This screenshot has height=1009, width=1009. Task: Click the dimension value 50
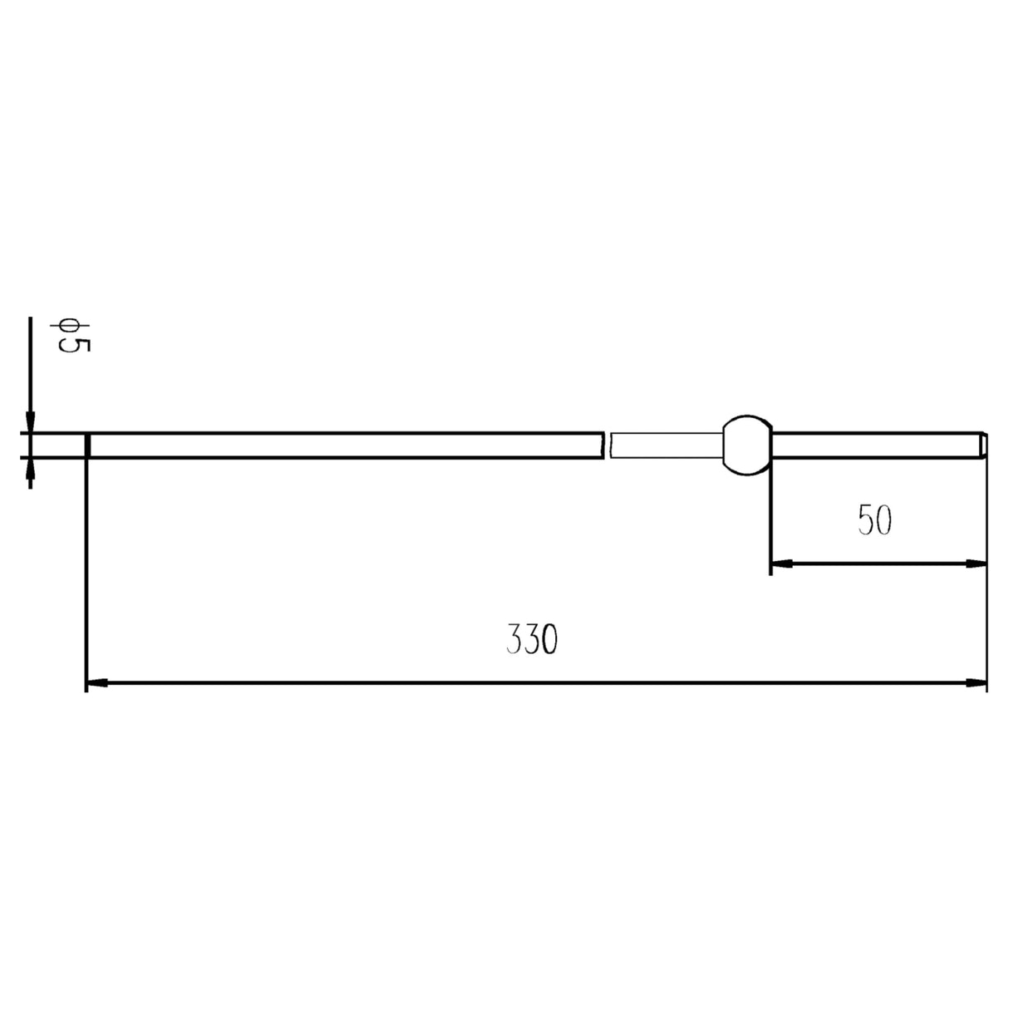pyautogui.click(x=874, y=520)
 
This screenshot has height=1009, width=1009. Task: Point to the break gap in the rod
pyautogui.click(x=607, y=445)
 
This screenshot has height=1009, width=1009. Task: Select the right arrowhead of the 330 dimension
pyautogui.click(x=977, y=683)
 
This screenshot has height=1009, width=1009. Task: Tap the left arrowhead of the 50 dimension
pyautogui.click(x=781, y=564)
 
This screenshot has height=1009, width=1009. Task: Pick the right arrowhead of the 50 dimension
pyautogui.click(x=977, y=564)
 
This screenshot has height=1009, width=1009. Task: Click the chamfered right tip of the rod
pyautogui.click(x=983, y=445)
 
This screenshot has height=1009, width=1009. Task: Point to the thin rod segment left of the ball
pyautogui.click(x=665, y=445)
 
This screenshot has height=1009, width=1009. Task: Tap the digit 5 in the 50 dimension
pyautogui.click(x=865, y=520)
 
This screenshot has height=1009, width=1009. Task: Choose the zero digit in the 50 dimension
pyautogui.click(x=883, y=520)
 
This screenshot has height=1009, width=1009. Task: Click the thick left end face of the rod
pyautogui.click(x=87, y=445)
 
